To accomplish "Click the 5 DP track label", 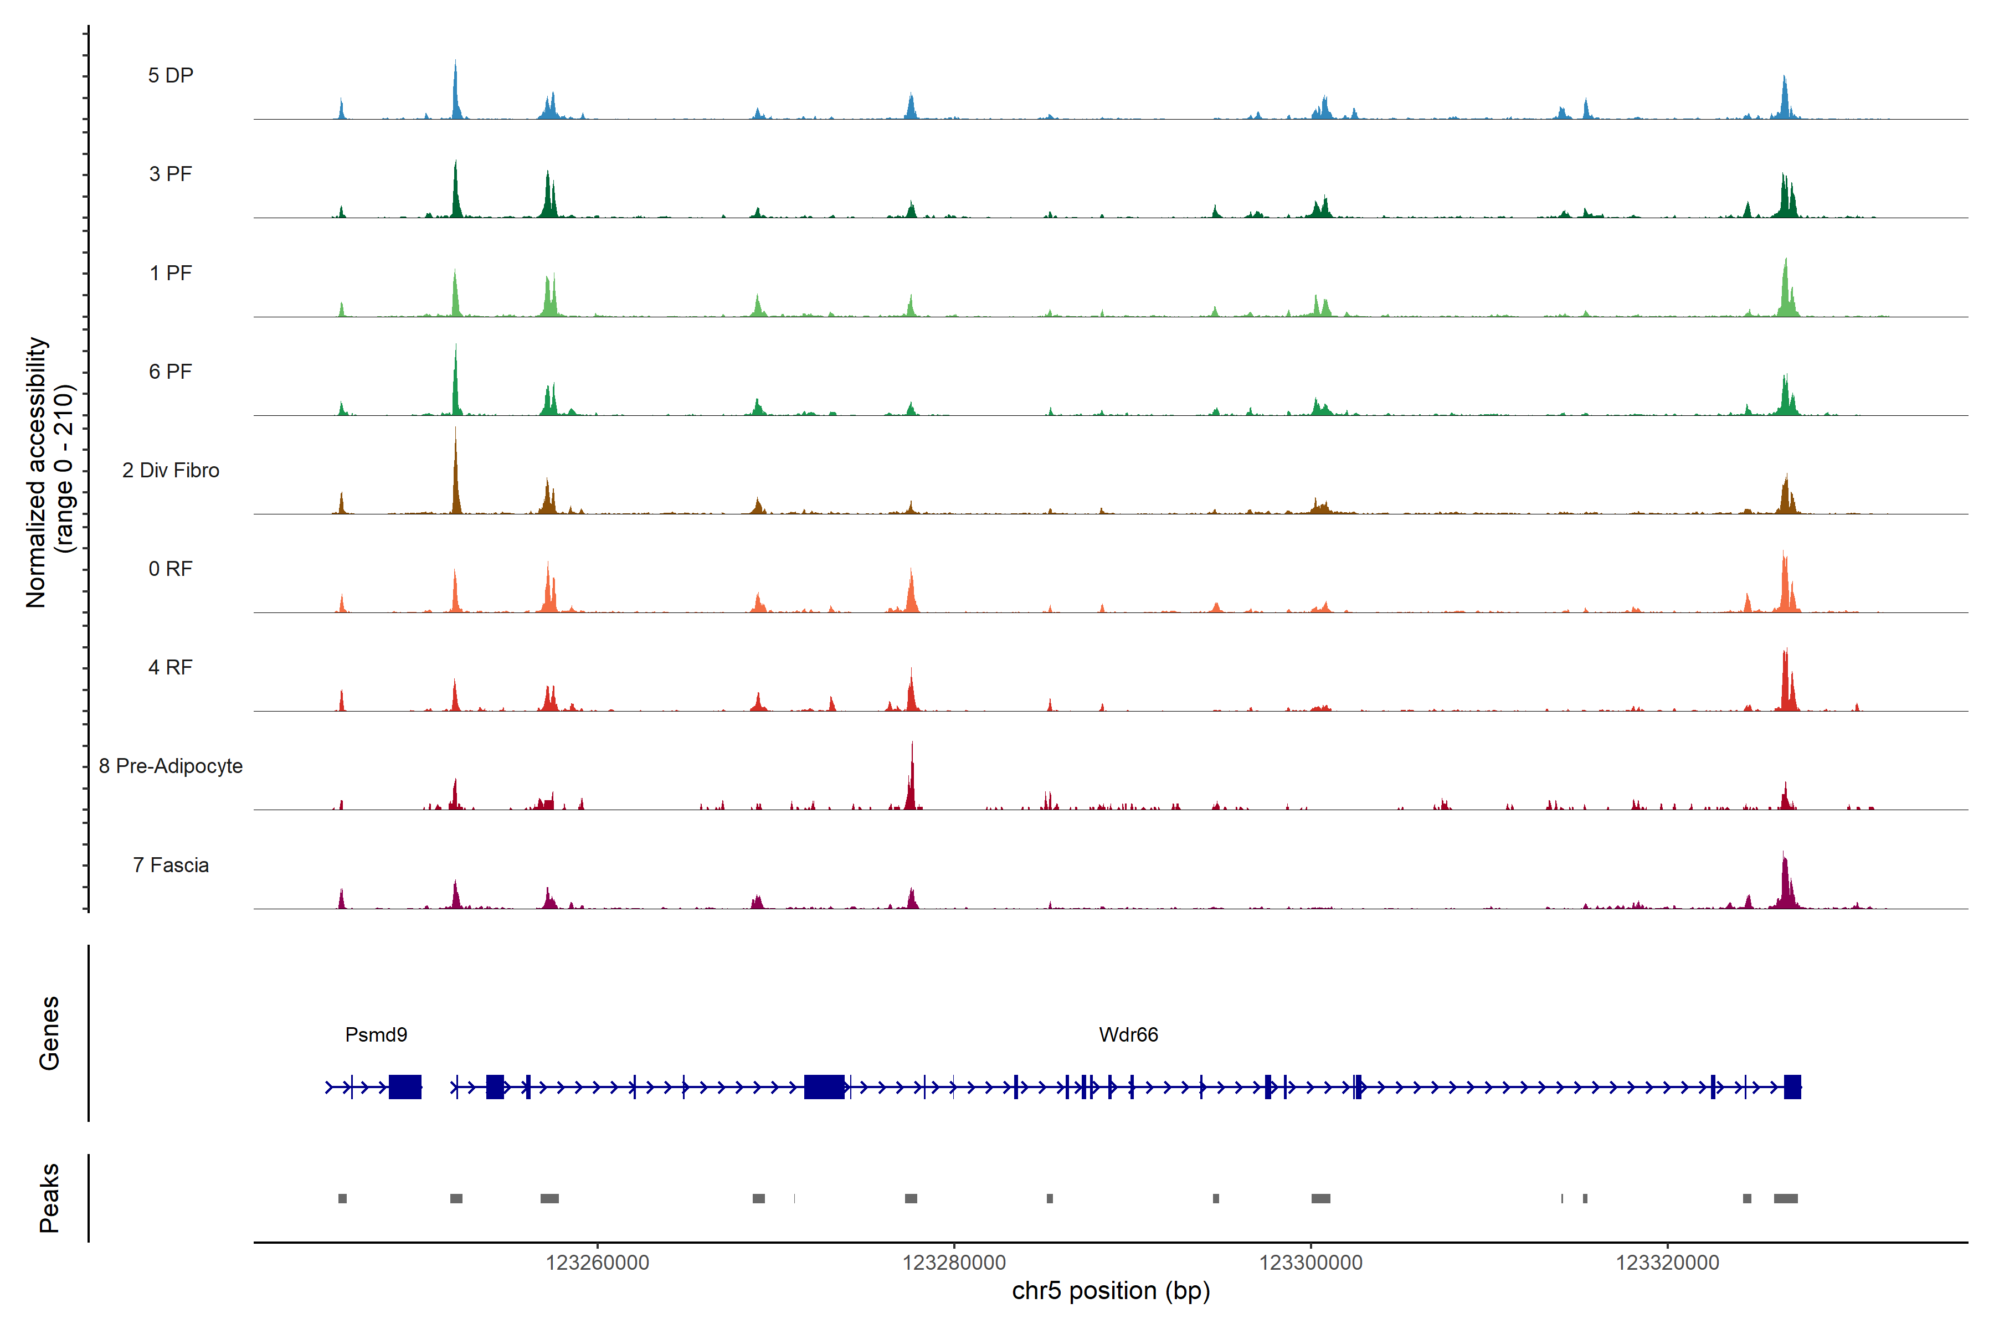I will pyautogui.click(x=171, y=75).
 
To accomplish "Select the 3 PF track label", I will pyautogui.click(x=171, y=174).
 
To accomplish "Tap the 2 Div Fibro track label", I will pyautogui.click(x=171, y=470).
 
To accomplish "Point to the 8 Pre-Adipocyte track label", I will pyautogui.click(x=171, y=766).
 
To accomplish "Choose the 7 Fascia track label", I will pyautogui.click(x=171, y=866).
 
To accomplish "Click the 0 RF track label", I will pyautogui.click(x=171, y=569).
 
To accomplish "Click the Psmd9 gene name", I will pyautogui.click(x=376, y=1035).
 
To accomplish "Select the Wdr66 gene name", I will pyautogui.click(x=1128, y=1035).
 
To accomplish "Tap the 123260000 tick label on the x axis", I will pyautogui.click(x=597, y=1263).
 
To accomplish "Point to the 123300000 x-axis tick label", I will pyautogui.click(x=1311, y=1263).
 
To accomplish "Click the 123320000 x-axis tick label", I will pyautogui.click(x=1667, y=1263).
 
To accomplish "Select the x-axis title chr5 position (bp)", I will pyautogui.click(x=1111, y=1291).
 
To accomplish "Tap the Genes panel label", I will pyautogui.click(x=49, y=1033).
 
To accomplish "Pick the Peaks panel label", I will pyautogui.click(x=49, y=1198).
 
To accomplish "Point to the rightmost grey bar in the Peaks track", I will pyautogui.click(x=1785, y=1198).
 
